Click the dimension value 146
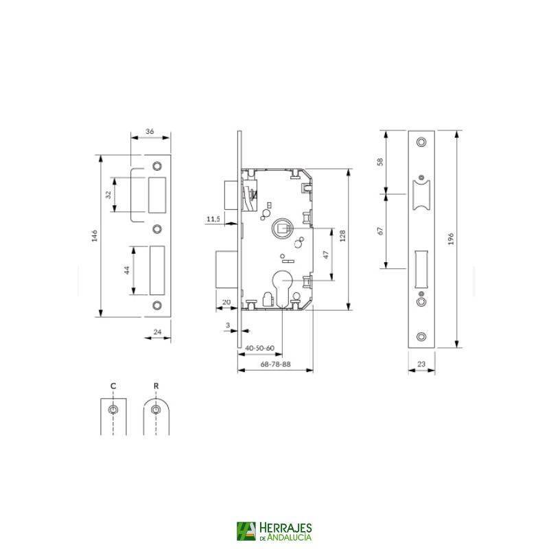point(95,236)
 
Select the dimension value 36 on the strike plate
point(150,130)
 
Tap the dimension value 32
point(108,195)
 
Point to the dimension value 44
point(127,270)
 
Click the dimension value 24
point(157,333)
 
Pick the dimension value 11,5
point(213,219)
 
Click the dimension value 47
point(327,253)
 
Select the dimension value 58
point(379,162)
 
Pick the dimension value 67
point(379,231)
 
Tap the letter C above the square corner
point(113,386)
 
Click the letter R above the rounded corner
point(156,386)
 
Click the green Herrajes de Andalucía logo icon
point(245,531)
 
